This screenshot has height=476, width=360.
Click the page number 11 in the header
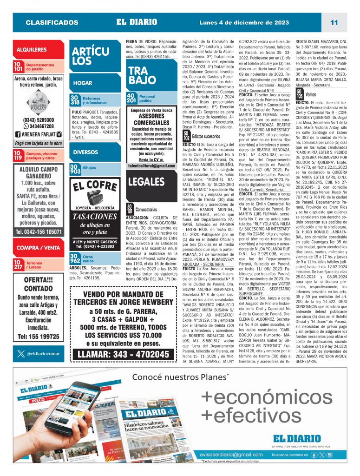click(334, 22)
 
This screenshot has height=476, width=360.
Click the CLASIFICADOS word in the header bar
click(52, 22)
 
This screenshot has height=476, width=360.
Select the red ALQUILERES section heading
click(32, 49)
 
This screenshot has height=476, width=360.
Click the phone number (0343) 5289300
click(38, 120)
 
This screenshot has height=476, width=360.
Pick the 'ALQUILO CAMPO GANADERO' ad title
click(39, 173)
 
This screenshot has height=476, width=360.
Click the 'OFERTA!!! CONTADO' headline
click(39, 283)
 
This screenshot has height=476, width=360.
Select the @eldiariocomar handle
click(43, 340)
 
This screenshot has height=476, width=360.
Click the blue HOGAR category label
click(83, 83)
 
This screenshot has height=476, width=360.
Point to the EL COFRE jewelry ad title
click(95, 186)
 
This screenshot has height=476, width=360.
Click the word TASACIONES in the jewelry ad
click(95, 217)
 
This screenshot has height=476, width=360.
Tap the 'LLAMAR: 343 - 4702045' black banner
click(123, 354)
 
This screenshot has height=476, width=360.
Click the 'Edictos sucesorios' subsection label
click(206, 137)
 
